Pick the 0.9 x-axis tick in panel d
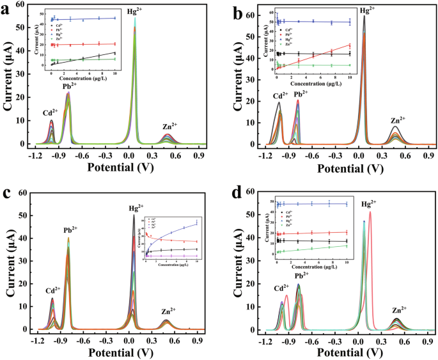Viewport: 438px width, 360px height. coord(430,338)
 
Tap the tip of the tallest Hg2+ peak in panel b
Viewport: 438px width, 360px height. coord(364,15)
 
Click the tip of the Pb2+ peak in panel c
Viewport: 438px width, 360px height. coord(68,238)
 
